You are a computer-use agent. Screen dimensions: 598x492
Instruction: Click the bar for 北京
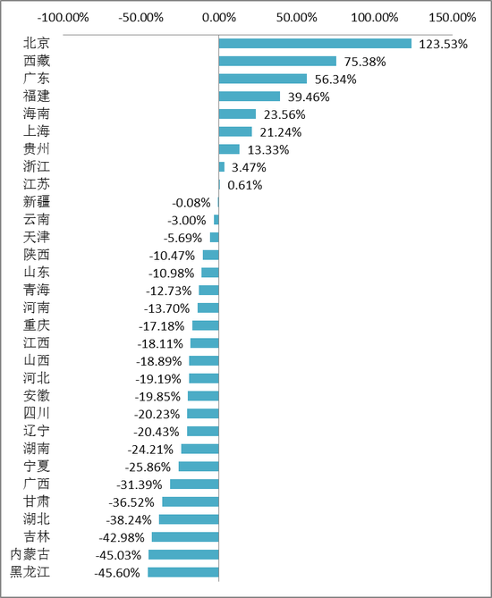[x=315, y=44]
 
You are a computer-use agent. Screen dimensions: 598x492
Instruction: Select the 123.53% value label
[x=444, y=44]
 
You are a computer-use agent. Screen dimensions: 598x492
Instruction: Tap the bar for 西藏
[x=277, y=61]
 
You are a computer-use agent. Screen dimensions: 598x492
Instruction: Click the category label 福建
[x=37, y=96]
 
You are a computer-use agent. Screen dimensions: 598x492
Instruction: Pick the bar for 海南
[x=237, y=114]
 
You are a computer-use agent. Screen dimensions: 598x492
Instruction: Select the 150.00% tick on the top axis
[x=453, y=17]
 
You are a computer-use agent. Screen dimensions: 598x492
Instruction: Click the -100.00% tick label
[x=64, y=17]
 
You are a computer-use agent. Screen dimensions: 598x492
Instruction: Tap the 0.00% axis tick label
[x=218, y=17]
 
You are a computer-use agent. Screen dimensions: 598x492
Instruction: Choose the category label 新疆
[x=37, y=201]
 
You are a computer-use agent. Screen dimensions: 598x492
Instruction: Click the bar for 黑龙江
[x=183, y=572]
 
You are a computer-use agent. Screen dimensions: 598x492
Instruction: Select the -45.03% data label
[x=120, y=555]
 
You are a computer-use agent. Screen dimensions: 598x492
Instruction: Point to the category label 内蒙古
[x=30, y=554]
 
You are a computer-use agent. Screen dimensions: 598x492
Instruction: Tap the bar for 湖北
[x=189, y=519]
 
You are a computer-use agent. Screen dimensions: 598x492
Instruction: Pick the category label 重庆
[x=37, y=324]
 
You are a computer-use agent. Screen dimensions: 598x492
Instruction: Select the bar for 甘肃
[x=190, y=501]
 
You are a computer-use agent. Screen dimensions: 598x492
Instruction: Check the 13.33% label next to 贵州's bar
[x=268, y=149]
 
